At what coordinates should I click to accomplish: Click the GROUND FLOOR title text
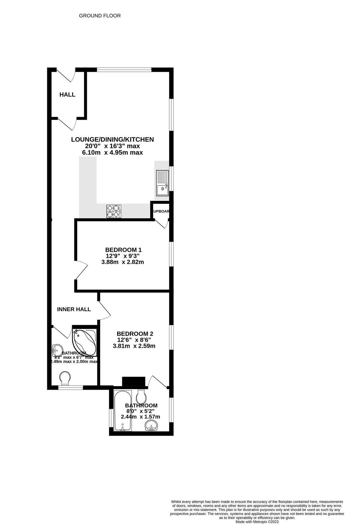tap(100, 16)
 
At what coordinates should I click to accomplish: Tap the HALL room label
tap(67, 95)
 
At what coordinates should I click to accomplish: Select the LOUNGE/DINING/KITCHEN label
tap(112, 139)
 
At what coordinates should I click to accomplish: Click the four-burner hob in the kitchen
tap(114, 211)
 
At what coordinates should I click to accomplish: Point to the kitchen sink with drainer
tap(162, 183)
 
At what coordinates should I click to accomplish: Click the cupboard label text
tap(161, 211)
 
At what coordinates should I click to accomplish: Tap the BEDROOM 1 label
tap(123, 250)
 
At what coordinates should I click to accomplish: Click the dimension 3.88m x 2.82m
tap(122, 262)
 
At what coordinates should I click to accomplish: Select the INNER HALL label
tap(74, 309)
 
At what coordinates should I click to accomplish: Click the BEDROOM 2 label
tap(135, 334)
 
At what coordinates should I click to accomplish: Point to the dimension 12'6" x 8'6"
tap(134, 340)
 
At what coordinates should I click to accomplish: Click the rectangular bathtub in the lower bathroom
tap(123, 411)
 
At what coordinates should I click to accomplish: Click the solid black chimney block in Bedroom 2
tap(133, 381)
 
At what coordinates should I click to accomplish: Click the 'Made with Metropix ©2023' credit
tap(257, 522)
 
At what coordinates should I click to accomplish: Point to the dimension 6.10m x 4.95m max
tap(112, 153)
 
